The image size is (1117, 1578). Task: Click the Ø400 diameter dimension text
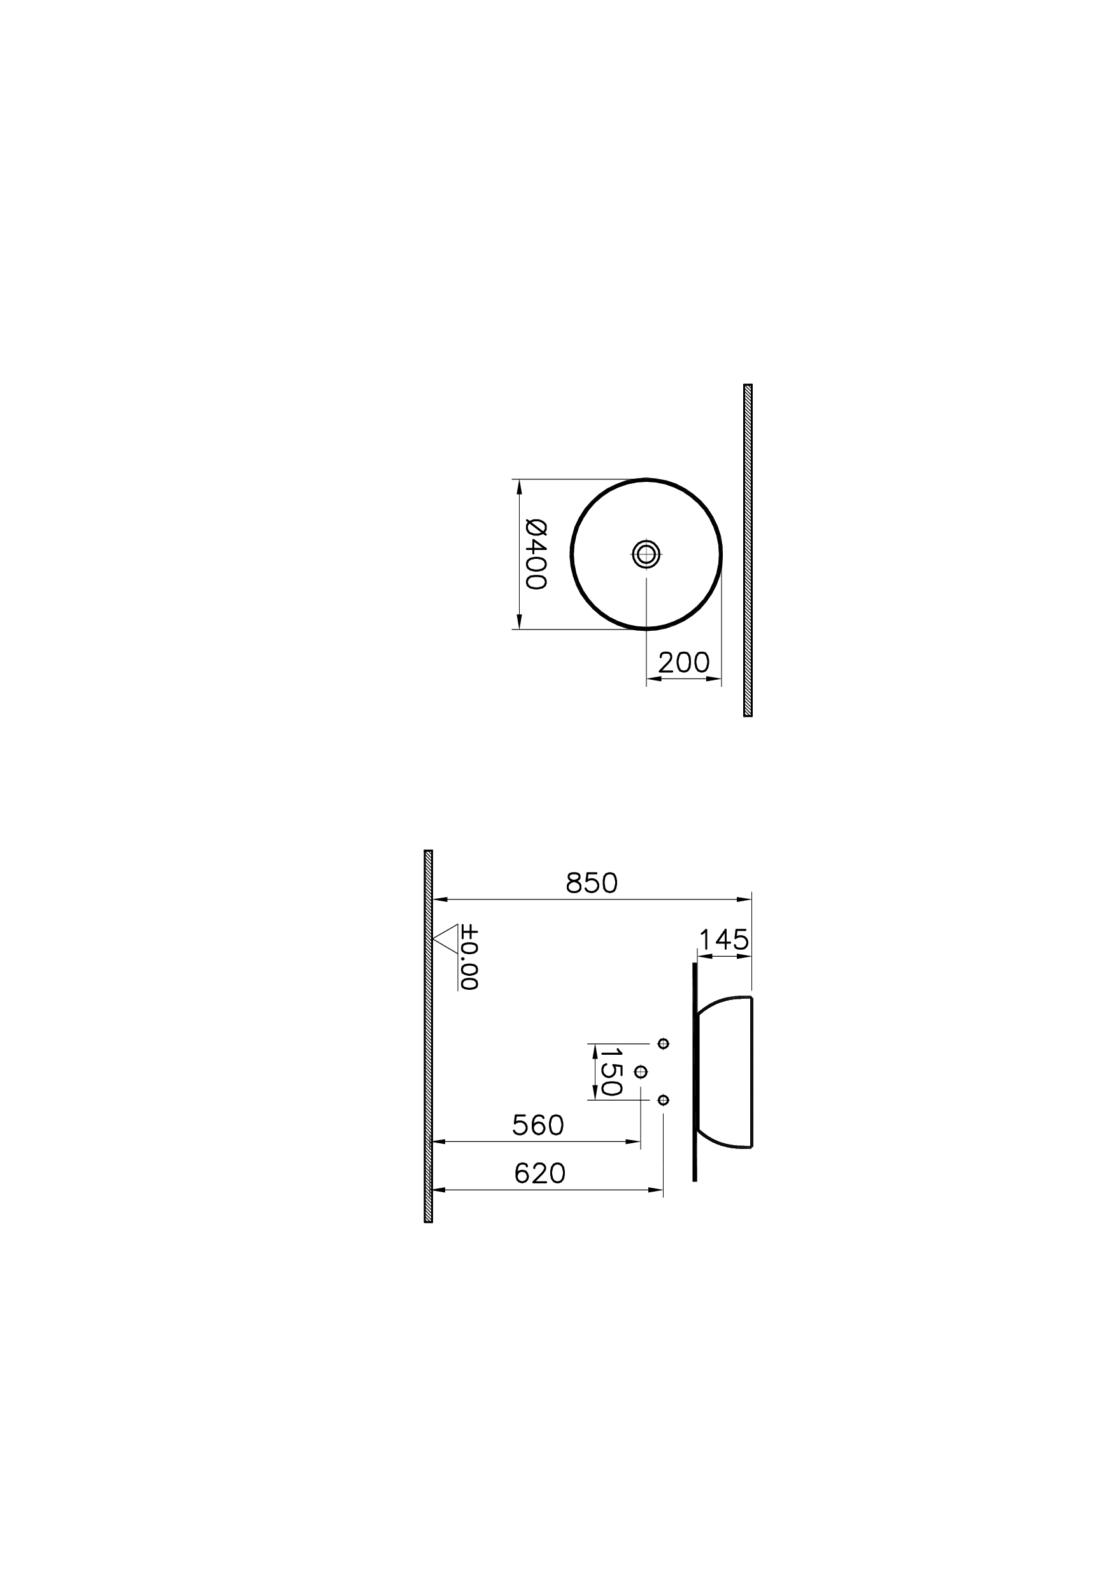pyautogui.click(x=536, y=554)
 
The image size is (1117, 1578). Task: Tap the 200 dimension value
pyautogui.click(x=684, y=663)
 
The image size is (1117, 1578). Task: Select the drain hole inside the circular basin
pyautogui.click(x=646, y=554)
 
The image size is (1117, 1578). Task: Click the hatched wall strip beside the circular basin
pyautogui.click(x=748, y=550)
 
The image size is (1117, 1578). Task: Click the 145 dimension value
pyautogui.click(x=723, y=940)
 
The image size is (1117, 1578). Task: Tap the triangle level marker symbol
pyautogui.click(x=446, y=938)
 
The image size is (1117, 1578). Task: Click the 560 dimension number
pyautogui.click(x=538, y=1125)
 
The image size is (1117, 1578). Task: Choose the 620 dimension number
pyautogui.click(x=540, y=1174)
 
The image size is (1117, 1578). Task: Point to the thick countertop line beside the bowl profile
pyautogui.click(x=695, y=1073)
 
